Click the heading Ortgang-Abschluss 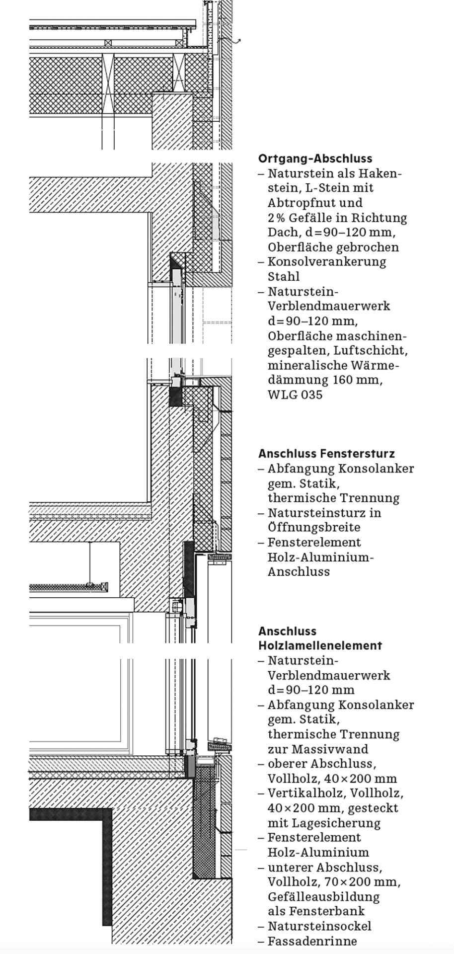(315, 159)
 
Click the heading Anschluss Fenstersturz (326, 454)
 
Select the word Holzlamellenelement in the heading (320, 646)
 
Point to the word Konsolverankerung (326, 262)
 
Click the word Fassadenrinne (312, 942)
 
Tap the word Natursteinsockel (319, 927)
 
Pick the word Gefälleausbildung (323, 897)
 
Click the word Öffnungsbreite (314, 528)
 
